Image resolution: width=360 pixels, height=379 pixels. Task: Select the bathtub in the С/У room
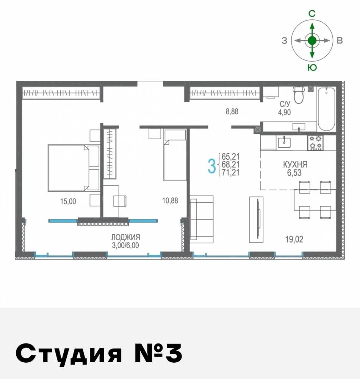click(x=326, y=108)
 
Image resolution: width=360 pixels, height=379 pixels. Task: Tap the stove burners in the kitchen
click(x=315, y=142)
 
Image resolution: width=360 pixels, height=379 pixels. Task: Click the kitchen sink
click(x=284, y=142)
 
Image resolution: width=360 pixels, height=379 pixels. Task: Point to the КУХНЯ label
click(x=295, y=165)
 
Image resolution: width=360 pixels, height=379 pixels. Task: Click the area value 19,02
click(x=294, y=239)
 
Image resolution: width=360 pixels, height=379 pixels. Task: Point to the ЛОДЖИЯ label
click(x=125, y=237)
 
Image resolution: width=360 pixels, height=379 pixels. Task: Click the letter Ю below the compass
click(x=312, y=67)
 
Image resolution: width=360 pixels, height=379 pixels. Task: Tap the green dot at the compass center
click(x=312, y=41)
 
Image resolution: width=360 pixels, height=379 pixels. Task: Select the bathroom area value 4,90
click(x=285, y=112)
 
